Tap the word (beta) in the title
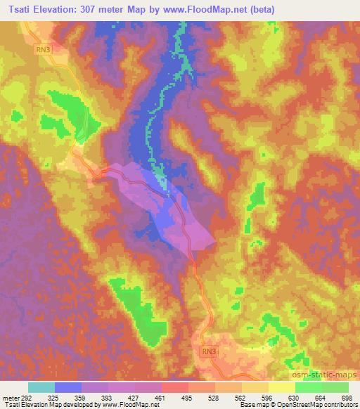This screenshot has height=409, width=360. click(x=259, y=10)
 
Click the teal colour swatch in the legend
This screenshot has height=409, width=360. click(x=41, y=387)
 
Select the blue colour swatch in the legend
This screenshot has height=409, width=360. click(x=68, y=387)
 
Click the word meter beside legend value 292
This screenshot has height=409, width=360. click(x=9, y=398)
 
